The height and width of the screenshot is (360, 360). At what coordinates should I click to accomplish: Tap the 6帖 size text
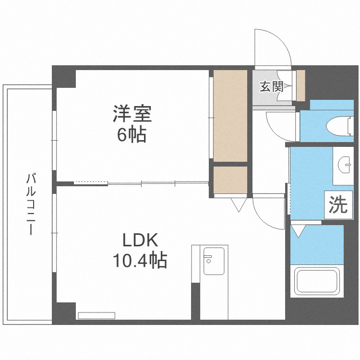click(x=132, y=135)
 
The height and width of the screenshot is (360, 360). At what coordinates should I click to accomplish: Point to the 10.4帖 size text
click(x=140, y=260)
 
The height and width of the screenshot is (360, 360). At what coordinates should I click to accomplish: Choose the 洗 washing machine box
click(x=338, y=205)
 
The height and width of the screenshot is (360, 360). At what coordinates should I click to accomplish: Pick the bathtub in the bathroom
click(x=317, y=282)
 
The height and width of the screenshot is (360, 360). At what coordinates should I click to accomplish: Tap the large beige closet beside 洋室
click(x=230, y=116)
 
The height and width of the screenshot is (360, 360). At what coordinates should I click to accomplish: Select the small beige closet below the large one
click(x=230, y=179)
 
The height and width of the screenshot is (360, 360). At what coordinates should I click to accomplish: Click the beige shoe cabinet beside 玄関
click(x=301, y=85)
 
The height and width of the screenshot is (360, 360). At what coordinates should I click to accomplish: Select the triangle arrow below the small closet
click(x=239, y=205)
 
